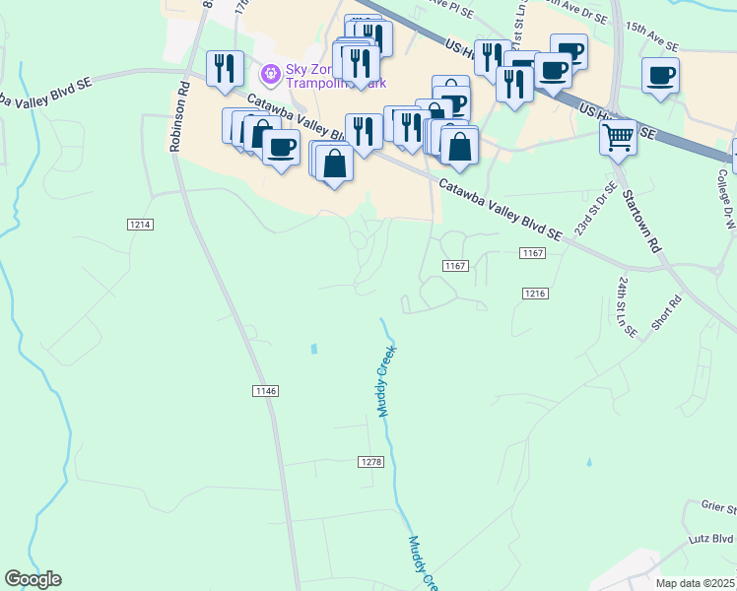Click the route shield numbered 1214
(x=140, y=225)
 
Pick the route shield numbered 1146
(x=266, y=391)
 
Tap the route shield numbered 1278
(x=369, y=462)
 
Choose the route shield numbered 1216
(x=535, y=294)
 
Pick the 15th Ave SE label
(x=650, y=46)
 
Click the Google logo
(x=33, y=579)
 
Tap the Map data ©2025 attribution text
(x=695, y=583)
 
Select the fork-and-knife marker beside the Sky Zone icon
(x=226, y=68)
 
